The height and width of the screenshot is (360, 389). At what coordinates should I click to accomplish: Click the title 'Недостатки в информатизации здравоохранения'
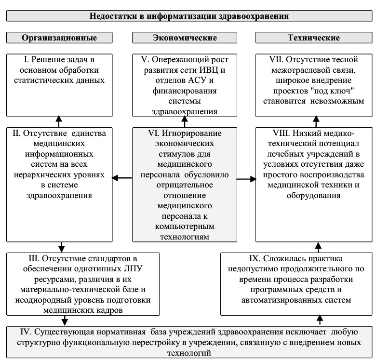tap(189, 16)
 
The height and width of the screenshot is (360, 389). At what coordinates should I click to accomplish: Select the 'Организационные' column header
tap(59, 38)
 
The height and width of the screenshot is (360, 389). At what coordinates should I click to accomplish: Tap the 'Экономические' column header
tap(185, 38)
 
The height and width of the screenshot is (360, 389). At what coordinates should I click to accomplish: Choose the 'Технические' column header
tap(314, 38)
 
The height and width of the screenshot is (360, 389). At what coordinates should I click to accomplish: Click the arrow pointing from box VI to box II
tap(122, 178)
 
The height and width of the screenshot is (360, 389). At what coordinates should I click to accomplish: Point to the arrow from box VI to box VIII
tap(247, 179)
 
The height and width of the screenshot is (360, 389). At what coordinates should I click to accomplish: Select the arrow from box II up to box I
tap(59, 121)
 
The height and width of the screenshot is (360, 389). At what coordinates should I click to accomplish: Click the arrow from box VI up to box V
tap(185, 121)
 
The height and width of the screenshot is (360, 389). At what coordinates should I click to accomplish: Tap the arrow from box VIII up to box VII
tap(316, 121)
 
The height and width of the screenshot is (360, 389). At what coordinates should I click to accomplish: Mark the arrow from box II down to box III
tap(62, 247)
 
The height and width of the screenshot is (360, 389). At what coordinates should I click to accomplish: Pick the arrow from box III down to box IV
tap(65, 320)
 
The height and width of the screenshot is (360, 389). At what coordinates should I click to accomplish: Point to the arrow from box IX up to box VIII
tap(318, 247)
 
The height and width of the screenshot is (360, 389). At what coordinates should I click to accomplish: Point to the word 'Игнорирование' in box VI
tap(191, 133)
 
